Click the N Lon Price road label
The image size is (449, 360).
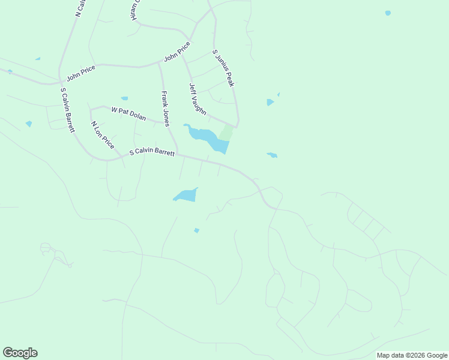(x=102, y=135)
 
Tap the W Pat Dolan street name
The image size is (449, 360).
(x=128, y=113)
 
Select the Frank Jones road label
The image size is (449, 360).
(x=165, y=106)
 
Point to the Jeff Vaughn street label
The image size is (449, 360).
(x=197, y=99)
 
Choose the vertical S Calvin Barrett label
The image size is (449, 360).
(x=67, y=110)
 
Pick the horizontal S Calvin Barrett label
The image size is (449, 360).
(x=152, y=153)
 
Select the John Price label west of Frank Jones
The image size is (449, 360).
(x=81, y=73)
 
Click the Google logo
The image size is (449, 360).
(x=20, y=353)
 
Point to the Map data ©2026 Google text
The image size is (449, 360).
(x=412, y=355)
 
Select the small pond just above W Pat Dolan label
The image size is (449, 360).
(x=124, y=98)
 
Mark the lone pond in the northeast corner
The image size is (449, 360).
(x=388, y=13)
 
